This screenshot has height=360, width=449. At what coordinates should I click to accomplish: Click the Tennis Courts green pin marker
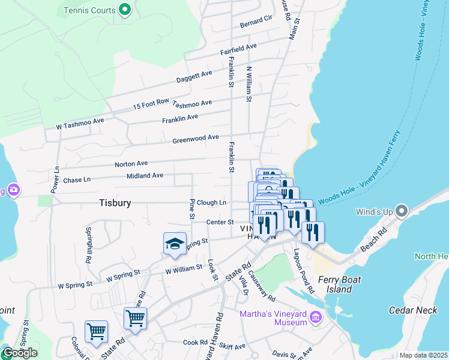[x=125, y=10]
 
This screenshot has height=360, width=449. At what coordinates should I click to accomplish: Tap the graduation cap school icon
[x=174, y=244]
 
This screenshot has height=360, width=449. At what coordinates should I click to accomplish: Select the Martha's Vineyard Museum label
[x=273, y=319]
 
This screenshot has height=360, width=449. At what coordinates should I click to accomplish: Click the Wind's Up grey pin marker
[x=401, y=211]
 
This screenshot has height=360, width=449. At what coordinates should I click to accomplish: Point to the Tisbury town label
[x=115, y=203]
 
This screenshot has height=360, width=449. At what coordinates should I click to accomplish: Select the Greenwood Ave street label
[x=196, y=139]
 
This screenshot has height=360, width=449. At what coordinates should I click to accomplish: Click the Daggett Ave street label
[x=194, y=77]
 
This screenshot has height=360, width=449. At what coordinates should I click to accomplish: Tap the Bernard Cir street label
[x=256, y=22]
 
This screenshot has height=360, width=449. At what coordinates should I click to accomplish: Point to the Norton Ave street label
[x=131, y=163]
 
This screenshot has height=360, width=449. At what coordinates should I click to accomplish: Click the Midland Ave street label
[x=145, y=176]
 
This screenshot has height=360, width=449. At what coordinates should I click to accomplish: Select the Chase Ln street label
[x=77, y=180]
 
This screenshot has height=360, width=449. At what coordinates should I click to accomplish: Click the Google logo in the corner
[x=19, y=353]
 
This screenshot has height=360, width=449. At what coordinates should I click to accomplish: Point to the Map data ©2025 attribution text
[x=423, y=355]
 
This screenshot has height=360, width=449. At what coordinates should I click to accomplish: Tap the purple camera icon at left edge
[x=13, y=190]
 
